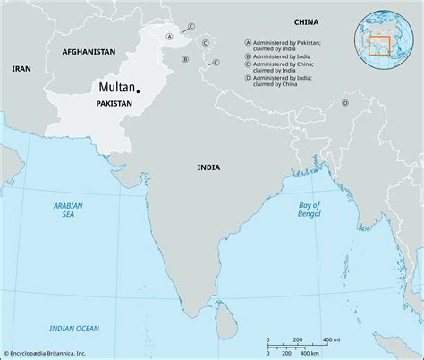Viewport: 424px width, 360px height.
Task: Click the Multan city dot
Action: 139,89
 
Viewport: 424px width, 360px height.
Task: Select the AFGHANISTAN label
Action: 89,53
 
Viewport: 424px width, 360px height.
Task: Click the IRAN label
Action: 21,68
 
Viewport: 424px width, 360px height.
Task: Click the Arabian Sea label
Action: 67,210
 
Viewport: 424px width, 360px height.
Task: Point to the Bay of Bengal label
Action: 310,211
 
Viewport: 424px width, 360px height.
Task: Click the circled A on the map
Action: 169,37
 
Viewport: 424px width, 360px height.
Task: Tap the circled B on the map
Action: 184,59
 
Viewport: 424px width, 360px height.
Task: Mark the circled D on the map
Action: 344,103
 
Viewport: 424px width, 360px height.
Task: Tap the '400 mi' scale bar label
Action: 330,339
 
